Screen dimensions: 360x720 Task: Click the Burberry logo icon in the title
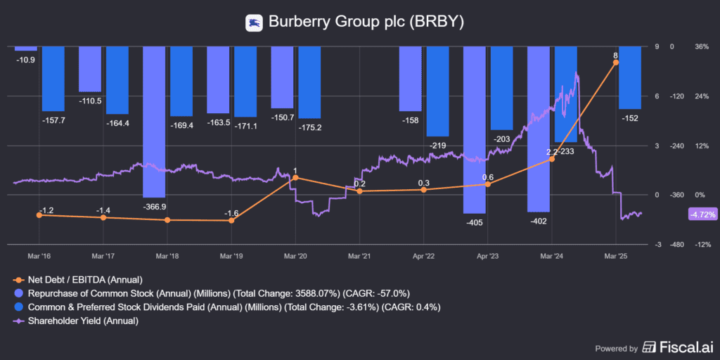click(254, 22)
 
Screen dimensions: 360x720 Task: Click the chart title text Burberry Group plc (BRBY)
click(366, 22)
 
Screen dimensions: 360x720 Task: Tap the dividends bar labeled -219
click(437, 91)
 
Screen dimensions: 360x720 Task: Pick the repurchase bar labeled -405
click(475, 129)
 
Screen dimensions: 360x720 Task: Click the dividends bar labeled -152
click(629, 77)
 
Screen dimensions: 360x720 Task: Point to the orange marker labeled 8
click(616, 63)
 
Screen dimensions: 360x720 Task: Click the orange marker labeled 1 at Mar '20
click(295, 178)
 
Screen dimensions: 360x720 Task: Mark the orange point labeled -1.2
click(39, 215)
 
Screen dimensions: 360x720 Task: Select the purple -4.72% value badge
click(701, 214)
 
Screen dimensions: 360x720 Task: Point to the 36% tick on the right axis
click(701, 47)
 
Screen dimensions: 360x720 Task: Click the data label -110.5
click(89, 101)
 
